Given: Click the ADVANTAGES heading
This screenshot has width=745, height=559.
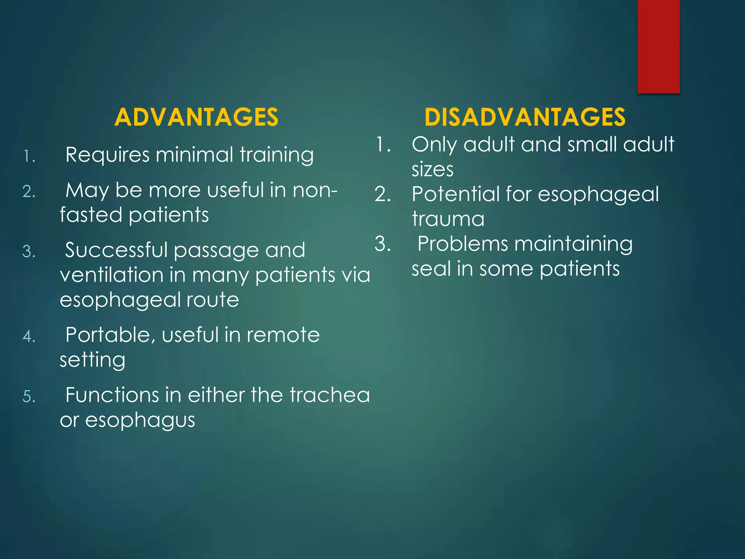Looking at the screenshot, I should point(196,117).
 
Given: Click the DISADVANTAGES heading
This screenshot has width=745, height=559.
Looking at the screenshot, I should point(525,117).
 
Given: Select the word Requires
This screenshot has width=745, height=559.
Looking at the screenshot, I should point(107,155).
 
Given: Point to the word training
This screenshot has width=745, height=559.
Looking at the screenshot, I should point(276,155).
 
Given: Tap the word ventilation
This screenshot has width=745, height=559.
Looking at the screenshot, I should point(111,275).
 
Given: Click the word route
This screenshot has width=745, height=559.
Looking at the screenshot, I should point(212,300).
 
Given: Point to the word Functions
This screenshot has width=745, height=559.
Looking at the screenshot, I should point(112,395).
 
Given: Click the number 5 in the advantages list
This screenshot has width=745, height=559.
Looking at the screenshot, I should point(28,396).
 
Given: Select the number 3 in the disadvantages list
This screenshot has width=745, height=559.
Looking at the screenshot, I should point(382,244).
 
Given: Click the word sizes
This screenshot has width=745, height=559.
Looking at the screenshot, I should point(433,170).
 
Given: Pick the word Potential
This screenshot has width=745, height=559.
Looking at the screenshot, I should point(455,194).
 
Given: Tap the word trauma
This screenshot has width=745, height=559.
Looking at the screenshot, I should point(448,219).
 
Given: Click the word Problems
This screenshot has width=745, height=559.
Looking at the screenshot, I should point(462,244).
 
